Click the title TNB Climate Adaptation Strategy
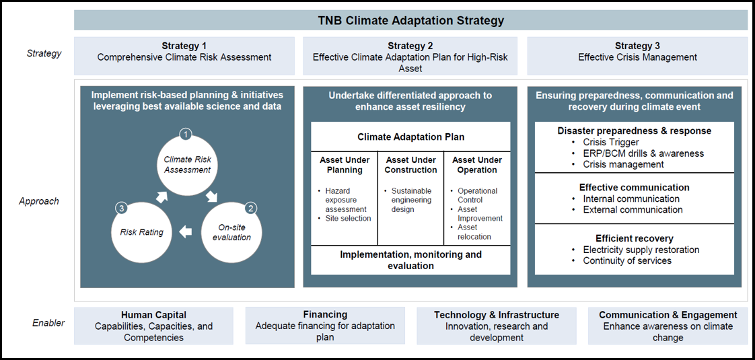pos(410,21)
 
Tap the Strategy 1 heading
pos(184,46)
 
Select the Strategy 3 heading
pos(637,46)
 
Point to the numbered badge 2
pos(251,209)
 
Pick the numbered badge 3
pos(121,209)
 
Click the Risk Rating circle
pos(141,232)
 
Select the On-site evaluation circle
pos(231,232)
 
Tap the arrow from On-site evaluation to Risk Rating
pos(185,232)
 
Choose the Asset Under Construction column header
pos(410,165)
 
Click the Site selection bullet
pos(345,219)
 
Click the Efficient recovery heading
pos(634,239)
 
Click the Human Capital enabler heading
pos(153,315)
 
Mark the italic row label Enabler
pos(48,323)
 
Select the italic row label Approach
pos(39,201)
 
